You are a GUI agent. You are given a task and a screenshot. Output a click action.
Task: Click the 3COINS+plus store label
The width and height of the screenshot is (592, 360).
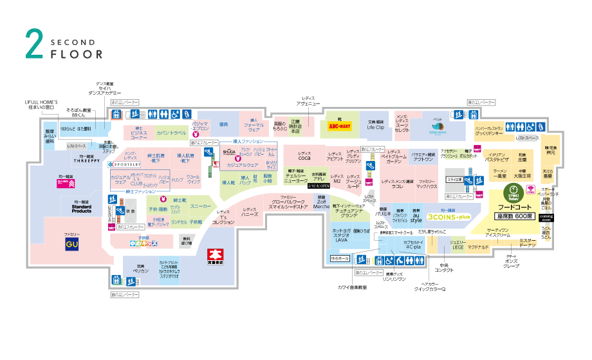click(448, 217)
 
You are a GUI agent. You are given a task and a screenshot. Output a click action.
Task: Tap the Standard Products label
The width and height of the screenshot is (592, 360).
click(82, 208)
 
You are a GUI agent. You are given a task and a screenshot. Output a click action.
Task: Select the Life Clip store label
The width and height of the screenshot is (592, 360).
click(376, 128)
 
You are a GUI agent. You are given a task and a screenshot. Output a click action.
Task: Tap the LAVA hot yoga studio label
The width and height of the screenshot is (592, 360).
click(341, 240)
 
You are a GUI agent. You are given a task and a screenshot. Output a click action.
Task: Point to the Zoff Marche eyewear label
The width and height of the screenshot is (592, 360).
click(322, 204)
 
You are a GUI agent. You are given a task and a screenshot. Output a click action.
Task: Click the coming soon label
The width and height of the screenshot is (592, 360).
click(546, 216)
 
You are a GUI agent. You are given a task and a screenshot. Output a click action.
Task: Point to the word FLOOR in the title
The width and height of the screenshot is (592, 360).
click(77, 54)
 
